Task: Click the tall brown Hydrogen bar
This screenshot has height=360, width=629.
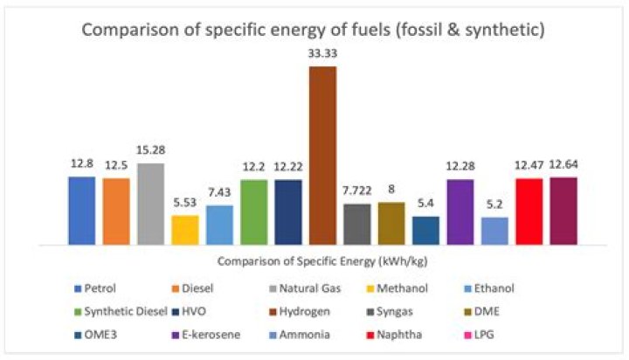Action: [x=322, y=156]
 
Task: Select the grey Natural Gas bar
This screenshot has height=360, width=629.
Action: [x=150, y=204]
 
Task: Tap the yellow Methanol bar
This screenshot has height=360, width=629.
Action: [x=184, y=230]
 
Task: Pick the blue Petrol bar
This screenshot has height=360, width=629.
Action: [x=81, y=211]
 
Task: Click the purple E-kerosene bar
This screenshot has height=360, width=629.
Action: [x=460, y=211]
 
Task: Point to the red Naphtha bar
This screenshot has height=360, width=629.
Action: [x=529, y=211]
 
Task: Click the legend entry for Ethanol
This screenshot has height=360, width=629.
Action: [x=539, y=287]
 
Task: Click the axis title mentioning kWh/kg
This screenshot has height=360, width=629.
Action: [x=322, y=260]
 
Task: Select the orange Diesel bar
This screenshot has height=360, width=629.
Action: [x=115, y=211]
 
